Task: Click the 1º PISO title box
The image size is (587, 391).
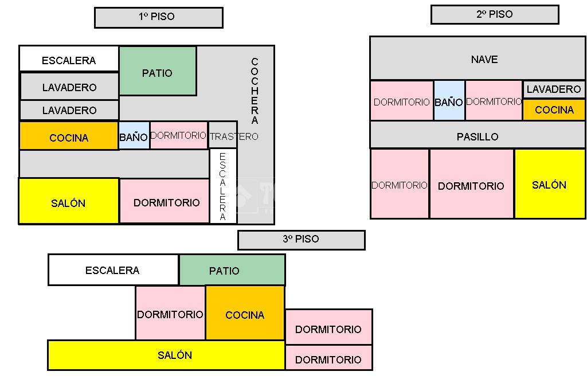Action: click(x=158, y=17)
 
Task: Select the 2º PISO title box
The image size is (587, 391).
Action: click(x=494, y=15)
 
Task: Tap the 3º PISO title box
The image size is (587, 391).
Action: click(x=301, y=240)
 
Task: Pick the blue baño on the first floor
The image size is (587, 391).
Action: click(x=134, y=136)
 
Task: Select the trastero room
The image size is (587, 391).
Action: click(x=223, y=135)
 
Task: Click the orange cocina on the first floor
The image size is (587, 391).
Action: click(x=69, y=136)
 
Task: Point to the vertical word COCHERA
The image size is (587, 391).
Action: click(x=255, y=91)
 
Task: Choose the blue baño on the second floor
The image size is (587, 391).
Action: click(x=449, y=101)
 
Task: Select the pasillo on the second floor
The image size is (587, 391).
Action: click(x=477, y=135)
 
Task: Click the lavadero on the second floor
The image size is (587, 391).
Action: click(x=553, y=89)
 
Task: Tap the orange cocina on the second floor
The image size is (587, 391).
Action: click(x=554, y=110)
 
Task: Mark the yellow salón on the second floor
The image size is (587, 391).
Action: click(x=549, y=184)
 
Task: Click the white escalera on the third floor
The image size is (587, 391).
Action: click(x=113, y=270)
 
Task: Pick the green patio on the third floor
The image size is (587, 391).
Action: click(x=232, y=270)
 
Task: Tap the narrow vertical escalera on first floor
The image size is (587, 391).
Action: click(x=223, y=186)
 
